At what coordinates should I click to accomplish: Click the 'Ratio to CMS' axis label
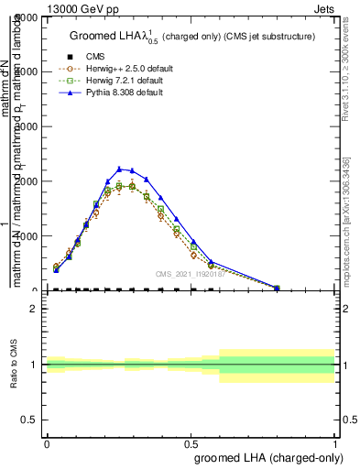pyautogui.click(x=13, y=365)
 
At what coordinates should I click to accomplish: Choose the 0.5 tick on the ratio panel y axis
pyautogui.click(x=31, y=420)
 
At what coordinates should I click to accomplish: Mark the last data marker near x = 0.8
pyautogui.click(x=277, y=288)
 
